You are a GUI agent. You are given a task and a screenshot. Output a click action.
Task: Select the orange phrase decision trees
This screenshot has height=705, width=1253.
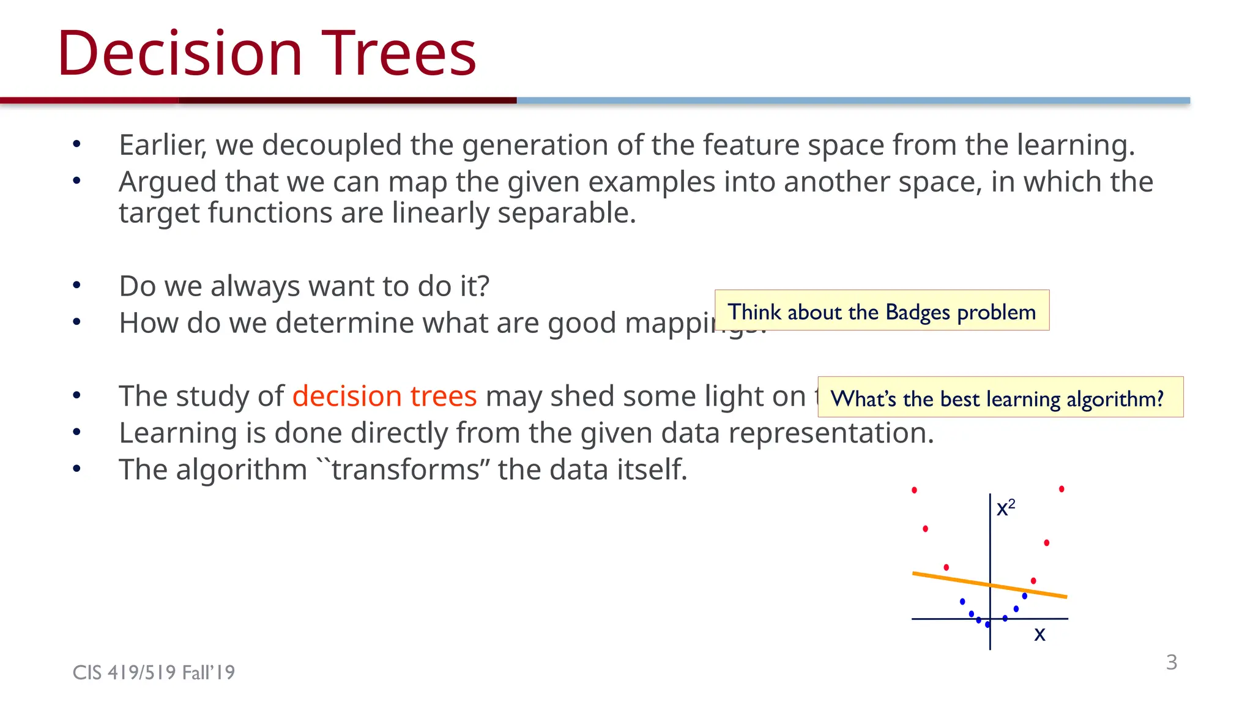pyautogui.click(x=384, y=396)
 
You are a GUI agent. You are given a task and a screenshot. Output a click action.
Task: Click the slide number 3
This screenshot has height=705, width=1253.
pyautogui.click(x=1171, y=662)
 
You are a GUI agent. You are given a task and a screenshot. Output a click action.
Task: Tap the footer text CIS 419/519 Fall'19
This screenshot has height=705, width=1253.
pyautogui.click(x=154, y=673)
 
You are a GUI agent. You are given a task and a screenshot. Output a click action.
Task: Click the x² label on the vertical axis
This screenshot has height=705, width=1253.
pyautogui.click(x=1005, y=508)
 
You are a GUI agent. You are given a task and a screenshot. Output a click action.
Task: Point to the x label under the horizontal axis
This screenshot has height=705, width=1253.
pyautogui.click(x=1039, y=635)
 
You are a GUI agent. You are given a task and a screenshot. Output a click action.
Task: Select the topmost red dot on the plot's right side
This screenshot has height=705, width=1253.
pyautogui.click(x=1062, y=489)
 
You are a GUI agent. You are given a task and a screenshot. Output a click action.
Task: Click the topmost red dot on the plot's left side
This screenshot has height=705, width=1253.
pyautogui.click(x=914, y=490)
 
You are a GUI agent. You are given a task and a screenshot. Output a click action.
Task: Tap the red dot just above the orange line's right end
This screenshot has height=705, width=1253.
pyautogui.click(x=1033, y=581)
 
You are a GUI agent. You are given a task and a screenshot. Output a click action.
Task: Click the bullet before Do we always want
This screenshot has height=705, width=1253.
pyautogui.click(x=76, y=285)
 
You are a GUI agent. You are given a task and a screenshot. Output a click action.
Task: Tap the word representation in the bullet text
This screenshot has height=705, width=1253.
pyautogui.click(x=830, y=433)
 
